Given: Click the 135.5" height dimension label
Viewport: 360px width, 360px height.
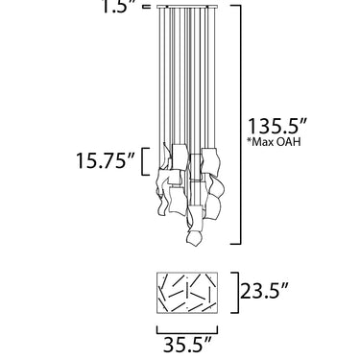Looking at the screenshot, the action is click(277, 126).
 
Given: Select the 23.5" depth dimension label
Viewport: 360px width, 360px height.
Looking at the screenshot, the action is click(264, 291).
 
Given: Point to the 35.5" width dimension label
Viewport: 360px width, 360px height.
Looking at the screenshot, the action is click(187, 345).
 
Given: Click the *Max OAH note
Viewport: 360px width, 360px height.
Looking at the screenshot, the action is click(274, 142).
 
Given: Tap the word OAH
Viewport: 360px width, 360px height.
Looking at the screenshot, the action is click(288, 142).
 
